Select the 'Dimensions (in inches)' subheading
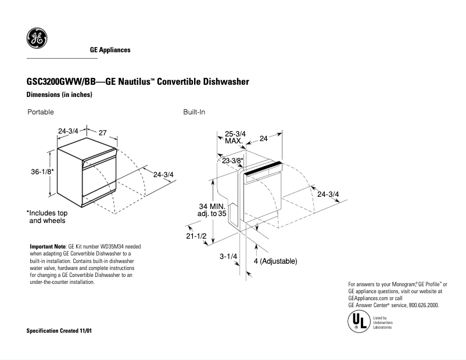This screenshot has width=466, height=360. pyautogui.click(x=60, y=95)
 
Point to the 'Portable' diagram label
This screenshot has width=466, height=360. pyautogui.click(x=40, y=111)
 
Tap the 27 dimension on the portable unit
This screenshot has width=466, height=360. pyautogui.click(x=102, y=133)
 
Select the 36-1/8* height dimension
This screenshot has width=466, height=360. pyautogui.click(x=42, y=172)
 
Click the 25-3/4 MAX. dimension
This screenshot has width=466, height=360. pyautogui.click(x=235, y=137)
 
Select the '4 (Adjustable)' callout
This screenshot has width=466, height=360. pyautogui.click(x=275, y=262)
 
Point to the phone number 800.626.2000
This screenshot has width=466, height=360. pyautogui.click(x=422, y=305)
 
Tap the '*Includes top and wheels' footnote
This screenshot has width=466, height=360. pyautogui.click(x=47, y=217)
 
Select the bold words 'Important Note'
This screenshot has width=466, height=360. pyautogui.click(x=48, y=247)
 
